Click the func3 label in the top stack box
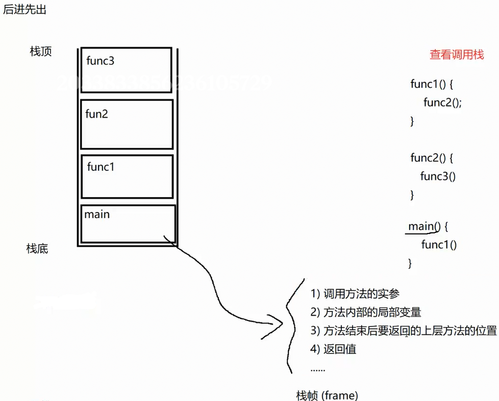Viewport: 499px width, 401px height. coord(101,61)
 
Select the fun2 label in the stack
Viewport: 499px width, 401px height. coord(97,114)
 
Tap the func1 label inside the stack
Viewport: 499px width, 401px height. coord(101,167)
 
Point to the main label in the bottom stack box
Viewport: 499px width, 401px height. coord(97,214)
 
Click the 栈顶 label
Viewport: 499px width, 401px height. coord(41,52)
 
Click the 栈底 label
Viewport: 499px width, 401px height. coord(37,249)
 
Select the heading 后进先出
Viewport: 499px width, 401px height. coord(24,9)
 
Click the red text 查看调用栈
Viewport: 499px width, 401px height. coord(457,55)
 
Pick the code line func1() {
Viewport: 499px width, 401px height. coord(432,84)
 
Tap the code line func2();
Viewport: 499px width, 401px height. coord(442,102)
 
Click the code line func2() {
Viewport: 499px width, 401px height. coord(432,157)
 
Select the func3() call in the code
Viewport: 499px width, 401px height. coord(438,176)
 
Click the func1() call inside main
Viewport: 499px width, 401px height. coord(439,245)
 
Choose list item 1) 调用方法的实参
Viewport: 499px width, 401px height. coord(355,294)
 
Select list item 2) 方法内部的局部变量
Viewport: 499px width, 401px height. coord(366,312)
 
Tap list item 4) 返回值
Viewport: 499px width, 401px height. coord(333,349)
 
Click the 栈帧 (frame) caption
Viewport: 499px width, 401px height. coord(327,395)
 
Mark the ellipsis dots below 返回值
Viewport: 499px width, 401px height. coord(317,369)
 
